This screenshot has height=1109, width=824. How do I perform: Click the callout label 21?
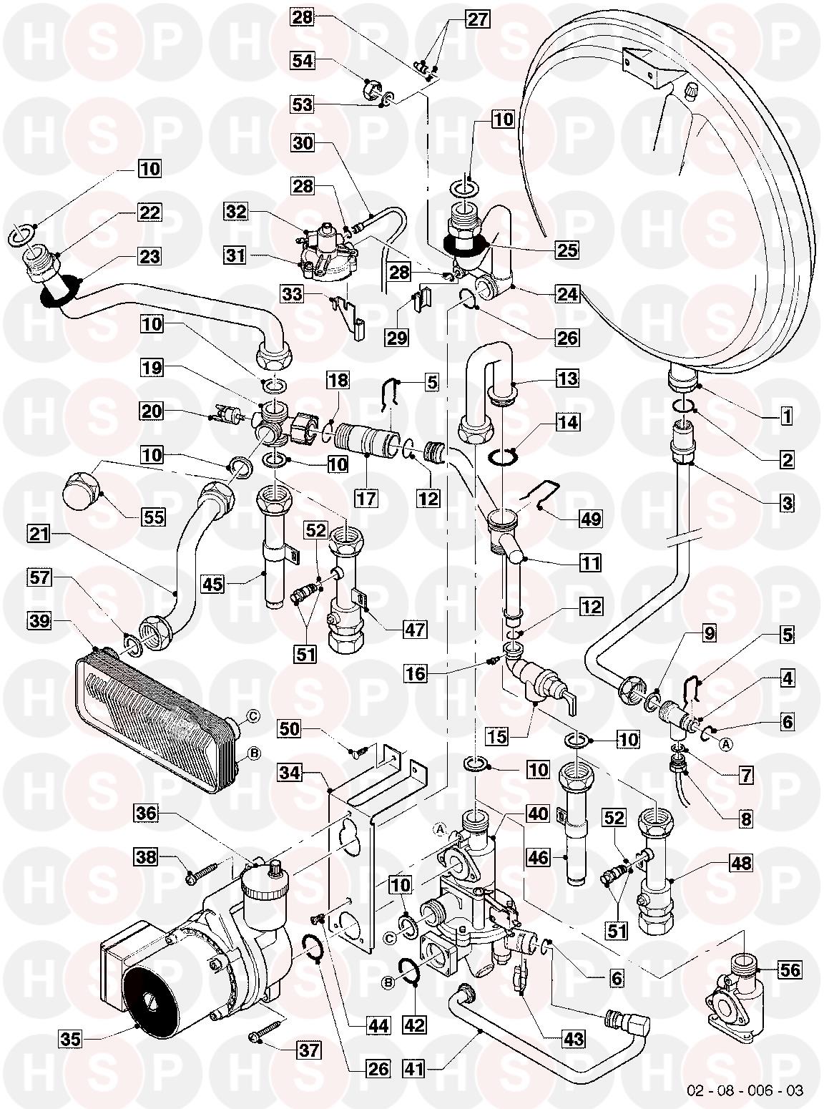tap(40, 533)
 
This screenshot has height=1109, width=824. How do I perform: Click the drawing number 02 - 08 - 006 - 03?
tap(745, 1090)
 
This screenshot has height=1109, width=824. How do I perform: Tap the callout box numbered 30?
tap(303, 143)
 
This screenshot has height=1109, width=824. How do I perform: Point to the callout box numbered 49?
tap(589, 518)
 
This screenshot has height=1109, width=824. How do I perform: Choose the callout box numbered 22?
tap(150, 212)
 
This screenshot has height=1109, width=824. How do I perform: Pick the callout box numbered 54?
tap(303, 61)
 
